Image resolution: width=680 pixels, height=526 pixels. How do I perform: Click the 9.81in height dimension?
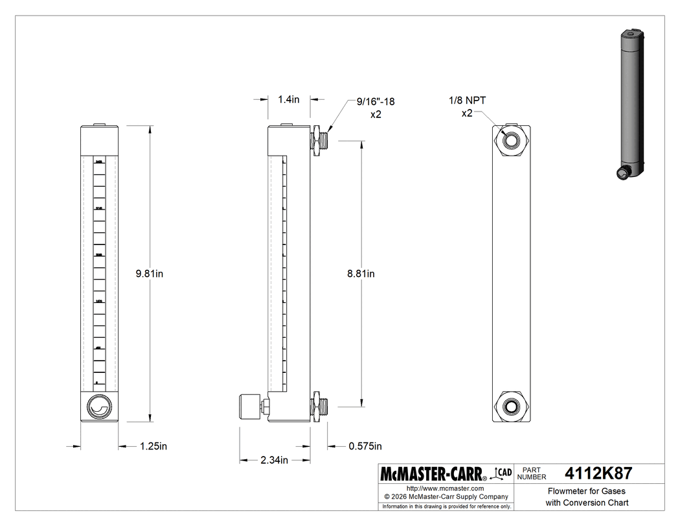pos(149,274)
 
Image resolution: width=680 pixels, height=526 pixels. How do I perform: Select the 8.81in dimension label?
pos(361,274)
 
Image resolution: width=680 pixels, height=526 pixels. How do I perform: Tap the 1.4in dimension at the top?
pos(289,99)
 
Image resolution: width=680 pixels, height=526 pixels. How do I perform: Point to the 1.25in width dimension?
pos(154,446)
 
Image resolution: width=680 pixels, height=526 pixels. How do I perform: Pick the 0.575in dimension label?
pos(365,446)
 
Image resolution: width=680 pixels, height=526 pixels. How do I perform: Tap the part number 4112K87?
pos(598,473)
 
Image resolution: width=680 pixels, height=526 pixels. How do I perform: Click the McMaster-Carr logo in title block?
pos(434,474)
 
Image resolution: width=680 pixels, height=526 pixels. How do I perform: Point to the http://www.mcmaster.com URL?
pos(445,488)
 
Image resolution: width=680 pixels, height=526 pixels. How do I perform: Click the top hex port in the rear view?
pos(512,139)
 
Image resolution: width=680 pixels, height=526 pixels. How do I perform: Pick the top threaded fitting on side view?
pos(321,140)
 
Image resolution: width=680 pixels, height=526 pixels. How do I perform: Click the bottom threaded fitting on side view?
pos(321,406)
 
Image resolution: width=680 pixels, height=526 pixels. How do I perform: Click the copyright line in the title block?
pos(445,497)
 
